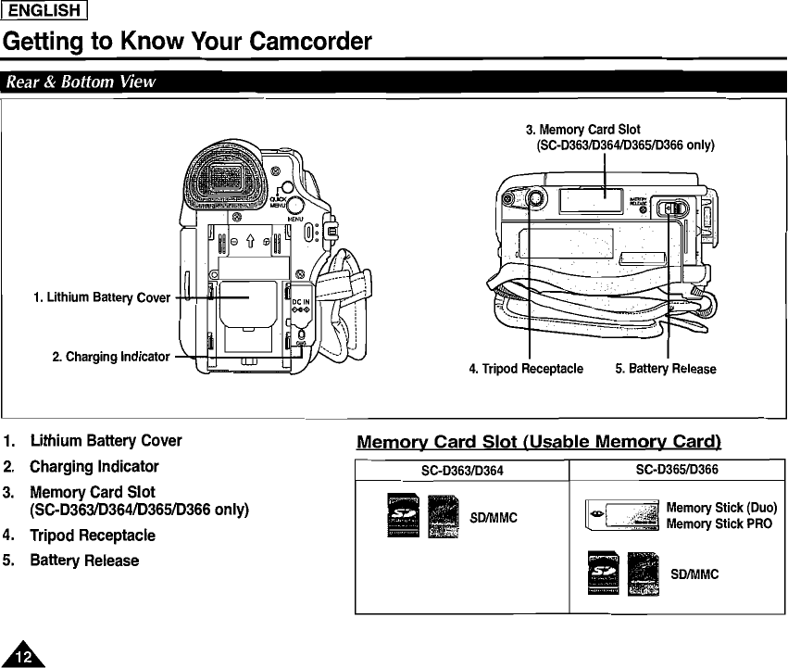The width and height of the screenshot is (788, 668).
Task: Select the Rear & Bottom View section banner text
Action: click(81, 82)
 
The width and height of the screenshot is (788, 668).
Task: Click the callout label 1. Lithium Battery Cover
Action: click(101, 297)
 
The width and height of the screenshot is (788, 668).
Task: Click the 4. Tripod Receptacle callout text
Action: click(525, 369)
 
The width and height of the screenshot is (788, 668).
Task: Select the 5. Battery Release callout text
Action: click(665, 369)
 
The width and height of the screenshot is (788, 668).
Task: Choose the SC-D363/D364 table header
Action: click(462, 471)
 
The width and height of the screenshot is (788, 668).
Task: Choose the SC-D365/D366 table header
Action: click(677, 471)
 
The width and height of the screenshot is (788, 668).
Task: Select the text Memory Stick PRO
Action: click(719, 524)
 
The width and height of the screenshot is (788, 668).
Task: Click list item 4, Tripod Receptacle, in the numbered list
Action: click(92, 536)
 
